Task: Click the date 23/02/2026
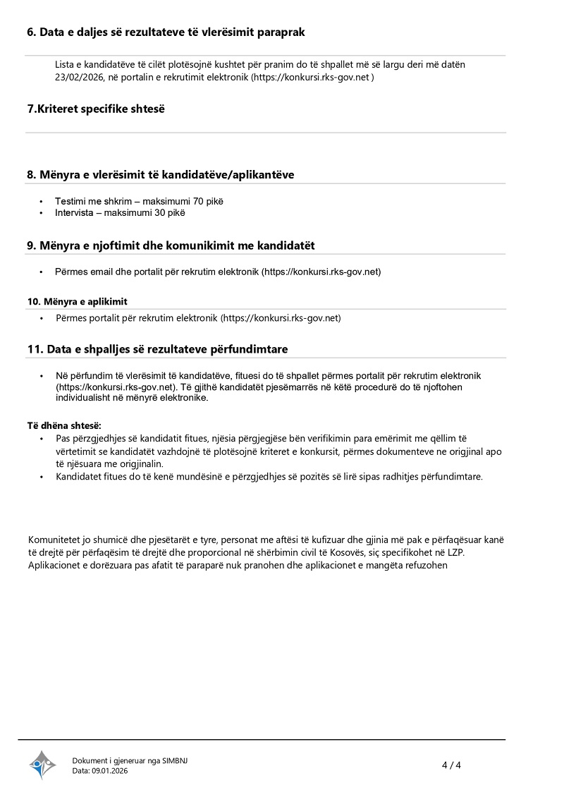[79, 77]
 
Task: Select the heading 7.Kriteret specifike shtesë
[96, 109]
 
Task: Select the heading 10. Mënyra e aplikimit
[78, 301]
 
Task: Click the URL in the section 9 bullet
[321, 272]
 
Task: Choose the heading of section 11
[157, 349]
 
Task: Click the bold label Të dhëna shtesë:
[64, 425]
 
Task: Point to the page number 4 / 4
[451, 765]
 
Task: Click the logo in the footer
[42, 765]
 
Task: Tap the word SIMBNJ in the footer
[175, 760]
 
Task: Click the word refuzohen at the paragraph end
[423, 565]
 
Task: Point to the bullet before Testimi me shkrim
[41, 202]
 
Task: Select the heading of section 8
[161, 174]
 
